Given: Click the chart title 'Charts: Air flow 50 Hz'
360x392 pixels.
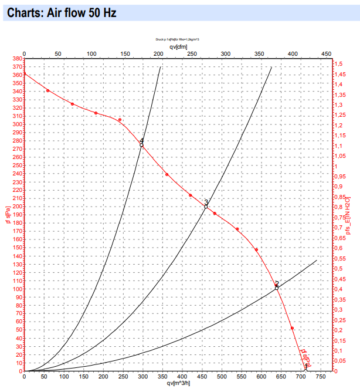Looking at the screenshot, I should pyautogui.click(x=59, y=13).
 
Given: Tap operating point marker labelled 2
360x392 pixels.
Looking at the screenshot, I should pyautogui.click(x=277, y=288).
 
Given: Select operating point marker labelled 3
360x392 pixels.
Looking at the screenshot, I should pyautogui.click(x=206, y=207).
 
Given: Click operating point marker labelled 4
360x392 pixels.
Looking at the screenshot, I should pyautogui.click(x=142, y=144).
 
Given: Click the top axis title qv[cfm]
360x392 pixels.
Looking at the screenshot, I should pyautogui.click(x=178, y=47).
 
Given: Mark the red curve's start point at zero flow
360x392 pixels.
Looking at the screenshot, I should pyautogui.click(x=24, y=73).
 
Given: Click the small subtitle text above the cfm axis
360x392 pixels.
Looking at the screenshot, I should pyautogui.click(x=178, y=39).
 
